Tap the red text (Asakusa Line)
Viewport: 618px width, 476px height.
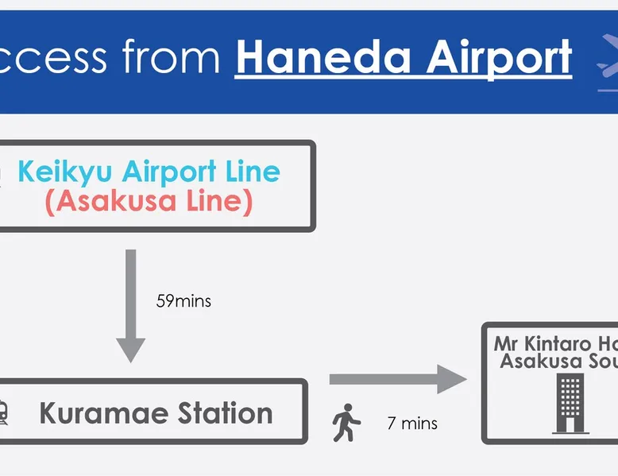pos(149,202)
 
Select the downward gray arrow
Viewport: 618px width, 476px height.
pos(131,305)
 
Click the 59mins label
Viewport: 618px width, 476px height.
pos(184,302)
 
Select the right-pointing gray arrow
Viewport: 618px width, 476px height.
pos(397,379)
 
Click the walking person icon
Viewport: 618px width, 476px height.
pos(346,423)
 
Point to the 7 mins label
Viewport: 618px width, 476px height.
pos(411,424)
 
